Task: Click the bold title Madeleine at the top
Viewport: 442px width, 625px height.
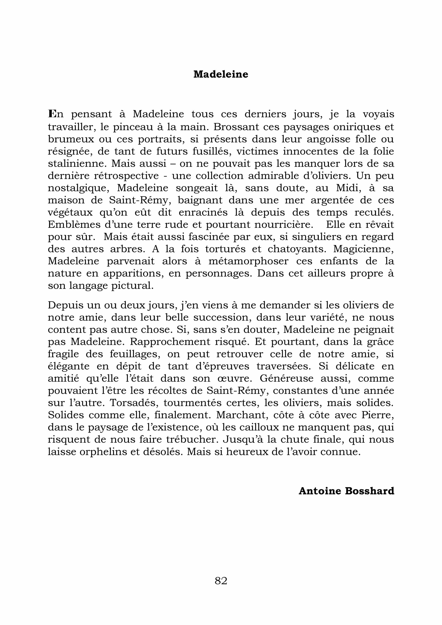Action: coord(221,74)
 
